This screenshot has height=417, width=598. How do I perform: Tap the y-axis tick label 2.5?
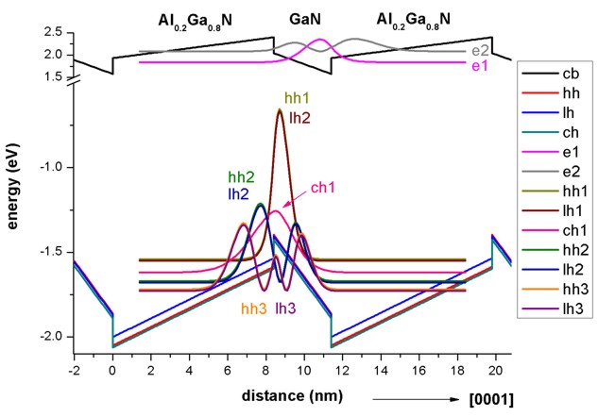[54, 33]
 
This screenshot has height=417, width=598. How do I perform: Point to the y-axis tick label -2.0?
[52, 337]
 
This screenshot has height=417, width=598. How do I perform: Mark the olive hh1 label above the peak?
[299, 98]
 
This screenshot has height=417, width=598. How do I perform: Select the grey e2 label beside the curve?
[480, 49]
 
